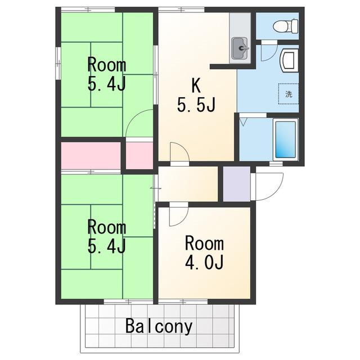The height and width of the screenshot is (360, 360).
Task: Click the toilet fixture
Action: [x=285, y=26]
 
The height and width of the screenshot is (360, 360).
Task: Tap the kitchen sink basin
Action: [x=240, y=48]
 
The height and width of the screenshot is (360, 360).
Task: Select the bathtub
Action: [x=285, y=139]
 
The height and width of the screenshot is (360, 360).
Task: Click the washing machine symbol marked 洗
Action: [x=289, y=94]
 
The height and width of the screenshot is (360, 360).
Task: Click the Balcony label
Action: [x=159, y=326]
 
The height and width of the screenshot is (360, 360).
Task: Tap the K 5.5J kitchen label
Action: [x=196, y=95]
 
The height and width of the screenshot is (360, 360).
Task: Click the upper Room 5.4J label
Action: [x=107, y=75]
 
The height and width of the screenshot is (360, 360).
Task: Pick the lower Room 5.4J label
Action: [x=107, y=236]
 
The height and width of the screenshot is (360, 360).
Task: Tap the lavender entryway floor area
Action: [x=237, y=184]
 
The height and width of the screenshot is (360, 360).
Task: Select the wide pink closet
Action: [x=91, y=156]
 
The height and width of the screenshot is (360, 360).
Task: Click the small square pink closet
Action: [x=139, y=156]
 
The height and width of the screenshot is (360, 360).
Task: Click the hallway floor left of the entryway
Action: [x=188, y=184]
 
